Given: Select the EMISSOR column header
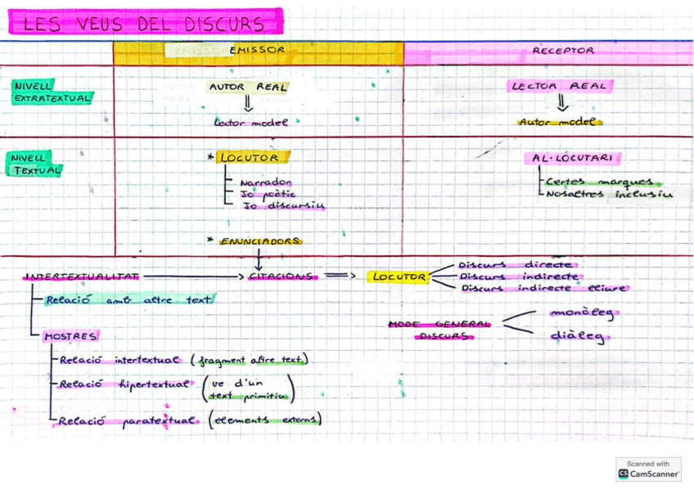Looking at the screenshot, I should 257,50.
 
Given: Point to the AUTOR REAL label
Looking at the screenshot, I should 248,86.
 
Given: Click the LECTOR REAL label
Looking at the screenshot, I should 560,86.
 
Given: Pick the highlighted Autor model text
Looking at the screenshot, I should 560,122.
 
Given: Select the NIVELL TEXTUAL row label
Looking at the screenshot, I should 38,164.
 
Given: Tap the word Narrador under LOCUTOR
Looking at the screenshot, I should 267,182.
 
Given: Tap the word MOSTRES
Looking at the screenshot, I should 70,336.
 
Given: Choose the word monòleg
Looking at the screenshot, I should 580,313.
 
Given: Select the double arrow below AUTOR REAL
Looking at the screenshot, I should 248,104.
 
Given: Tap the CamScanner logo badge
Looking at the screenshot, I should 648,468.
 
